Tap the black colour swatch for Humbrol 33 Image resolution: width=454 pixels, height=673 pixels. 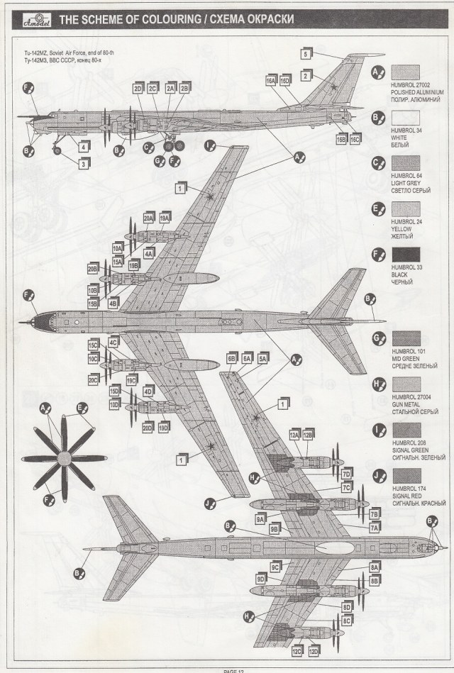tap(406, 257)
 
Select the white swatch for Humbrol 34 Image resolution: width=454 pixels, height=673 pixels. tap(406, 117)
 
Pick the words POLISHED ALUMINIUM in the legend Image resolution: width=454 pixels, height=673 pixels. tap(422, 92)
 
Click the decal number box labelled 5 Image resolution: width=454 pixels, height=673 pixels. tap(306, 54)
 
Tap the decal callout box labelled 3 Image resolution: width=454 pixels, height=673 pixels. tap(84, 164)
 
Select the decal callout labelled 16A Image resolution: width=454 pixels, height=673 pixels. tap(271, 82)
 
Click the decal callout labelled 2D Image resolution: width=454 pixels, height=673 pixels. tap(137, 89)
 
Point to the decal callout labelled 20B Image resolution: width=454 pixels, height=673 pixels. tap(93, 269)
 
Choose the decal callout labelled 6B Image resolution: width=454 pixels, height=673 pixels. tap(231, 359)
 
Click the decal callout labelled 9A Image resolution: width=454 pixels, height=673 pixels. tap(261, 518)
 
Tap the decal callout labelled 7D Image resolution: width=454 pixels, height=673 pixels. tap(347, 473)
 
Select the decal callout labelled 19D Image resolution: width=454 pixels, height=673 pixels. tap(164, 428)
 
